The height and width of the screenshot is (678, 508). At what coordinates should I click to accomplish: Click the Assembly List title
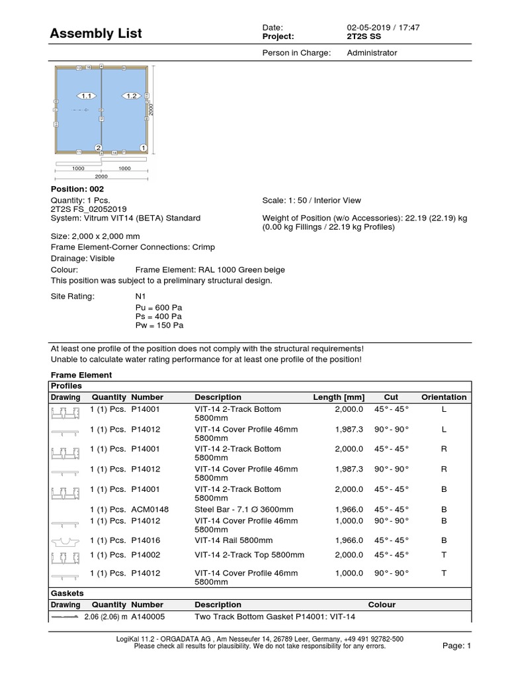pyautogui.click(x=97, y=33)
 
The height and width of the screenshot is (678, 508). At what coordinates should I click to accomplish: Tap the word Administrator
pyautogui.click(x=372, y=53)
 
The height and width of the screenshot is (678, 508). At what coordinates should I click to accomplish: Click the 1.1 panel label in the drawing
pyautogui.click(x=85, y=96)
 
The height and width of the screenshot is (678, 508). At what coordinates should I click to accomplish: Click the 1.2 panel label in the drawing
pyautogui.click(x=130, y=96)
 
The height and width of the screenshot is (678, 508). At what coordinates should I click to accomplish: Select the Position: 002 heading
pyautogui.click(x=78, y=189)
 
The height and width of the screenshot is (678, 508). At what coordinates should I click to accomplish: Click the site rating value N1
pyautogui.click(x=140, y=296)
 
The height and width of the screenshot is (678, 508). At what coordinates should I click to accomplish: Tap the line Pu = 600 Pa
pyautogui.click(x=159, y=308)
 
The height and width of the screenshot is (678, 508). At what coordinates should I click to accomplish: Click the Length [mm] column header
pyautogui.click(x=338, y=397)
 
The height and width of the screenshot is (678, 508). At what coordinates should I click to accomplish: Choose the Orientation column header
pyautogui.click(x=444, y=397)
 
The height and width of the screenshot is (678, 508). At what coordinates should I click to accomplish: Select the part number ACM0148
pyautogui.click(x=150, y=510)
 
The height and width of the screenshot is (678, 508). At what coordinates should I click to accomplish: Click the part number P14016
pyautogui.click(x=146, y=540)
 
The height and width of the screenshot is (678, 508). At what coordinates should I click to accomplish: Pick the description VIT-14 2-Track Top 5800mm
pyautogui.click(x=249, y=555)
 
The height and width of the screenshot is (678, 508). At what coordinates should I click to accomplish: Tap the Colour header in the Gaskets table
pyautogui.click(x=382, y=605)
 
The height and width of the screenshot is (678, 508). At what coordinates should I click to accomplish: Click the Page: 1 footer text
pyautogui.click(x=455, y=646)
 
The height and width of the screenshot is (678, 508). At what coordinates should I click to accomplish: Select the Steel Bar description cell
pyautogui.click(x=243, y=510)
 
